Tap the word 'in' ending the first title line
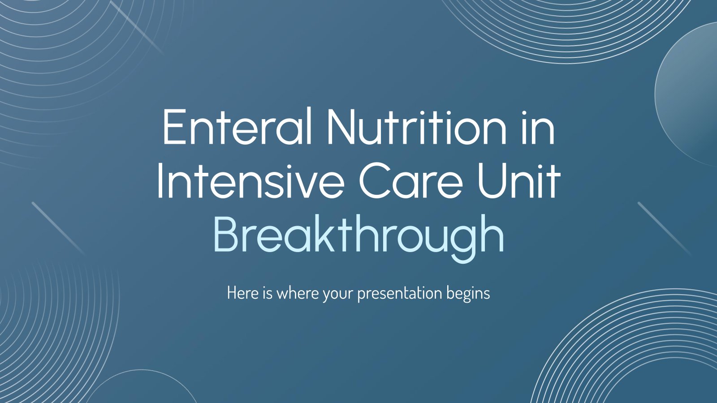coord(540,127)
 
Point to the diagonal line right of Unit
coord(665,229)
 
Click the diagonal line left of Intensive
coord(59,228)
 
